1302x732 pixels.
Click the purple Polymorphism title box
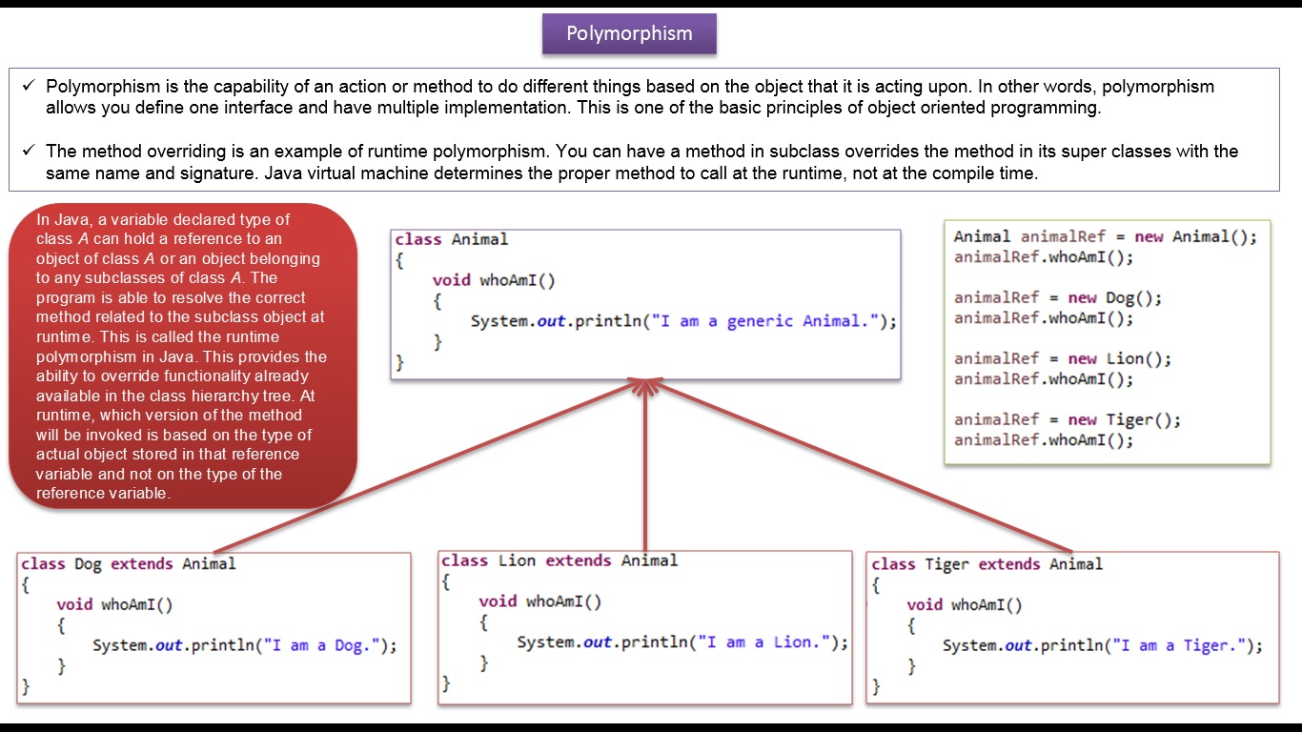tap(629, 34)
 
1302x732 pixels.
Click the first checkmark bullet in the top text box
tap(29, 86)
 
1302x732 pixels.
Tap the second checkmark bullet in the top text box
tap(29, 150)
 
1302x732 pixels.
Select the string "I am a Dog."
tap(324, 645)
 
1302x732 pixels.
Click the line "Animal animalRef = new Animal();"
tap(1106, 237)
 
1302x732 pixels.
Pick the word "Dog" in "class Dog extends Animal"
tap(88, 563)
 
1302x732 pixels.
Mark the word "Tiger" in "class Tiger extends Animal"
tap(946, 564)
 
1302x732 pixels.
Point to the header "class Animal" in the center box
tap(452, 239)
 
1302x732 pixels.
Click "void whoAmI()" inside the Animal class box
tap(494, 280)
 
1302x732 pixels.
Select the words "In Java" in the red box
tap(56, 219)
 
